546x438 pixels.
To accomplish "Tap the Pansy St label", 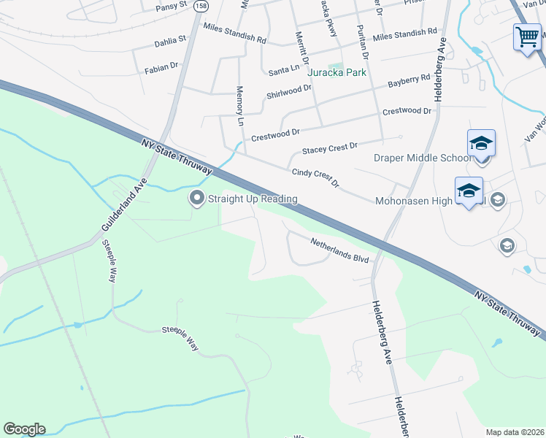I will click(x=172, y=6).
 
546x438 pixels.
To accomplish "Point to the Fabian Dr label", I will click(x=161, y=68).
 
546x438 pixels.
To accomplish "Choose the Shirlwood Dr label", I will click(x=289, y=92).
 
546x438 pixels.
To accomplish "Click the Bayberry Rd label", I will click(x=409, y=81).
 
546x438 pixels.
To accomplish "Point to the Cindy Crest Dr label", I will click(x=316, y=176).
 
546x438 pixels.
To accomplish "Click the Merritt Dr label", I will click(x=301, y=46).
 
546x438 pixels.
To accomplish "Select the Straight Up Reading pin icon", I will click(x=196, y=198).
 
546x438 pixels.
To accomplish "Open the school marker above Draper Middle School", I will click(x=481, y=142).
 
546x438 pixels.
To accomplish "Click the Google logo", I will click(x=24, y=429).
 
